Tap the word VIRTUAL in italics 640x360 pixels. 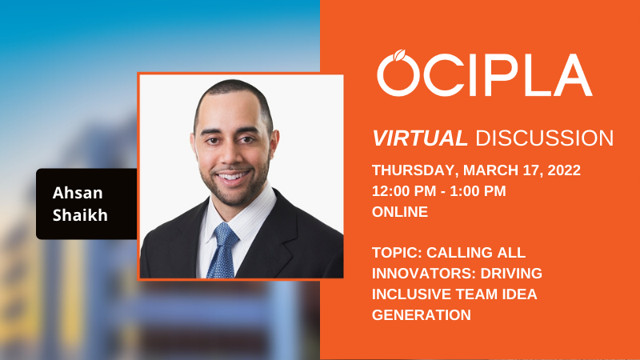[419, 138]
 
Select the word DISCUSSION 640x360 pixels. [545, 138]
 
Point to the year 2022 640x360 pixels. [564, 170]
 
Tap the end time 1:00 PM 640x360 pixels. [478, 191]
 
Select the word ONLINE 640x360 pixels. [400, 212]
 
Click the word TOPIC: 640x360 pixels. [397, 253]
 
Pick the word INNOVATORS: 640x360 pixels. [424, 274]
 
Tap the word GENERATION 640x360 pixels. [422, 315]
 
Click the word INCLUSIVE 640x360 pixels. [411, 294]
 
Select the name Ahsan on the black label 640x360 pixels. [78, 193]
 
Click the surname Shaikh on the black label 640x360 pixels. [80, 215]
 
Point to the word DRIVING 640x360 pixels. [511, 274]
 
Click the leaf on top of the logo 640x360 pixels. [398, 54]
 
